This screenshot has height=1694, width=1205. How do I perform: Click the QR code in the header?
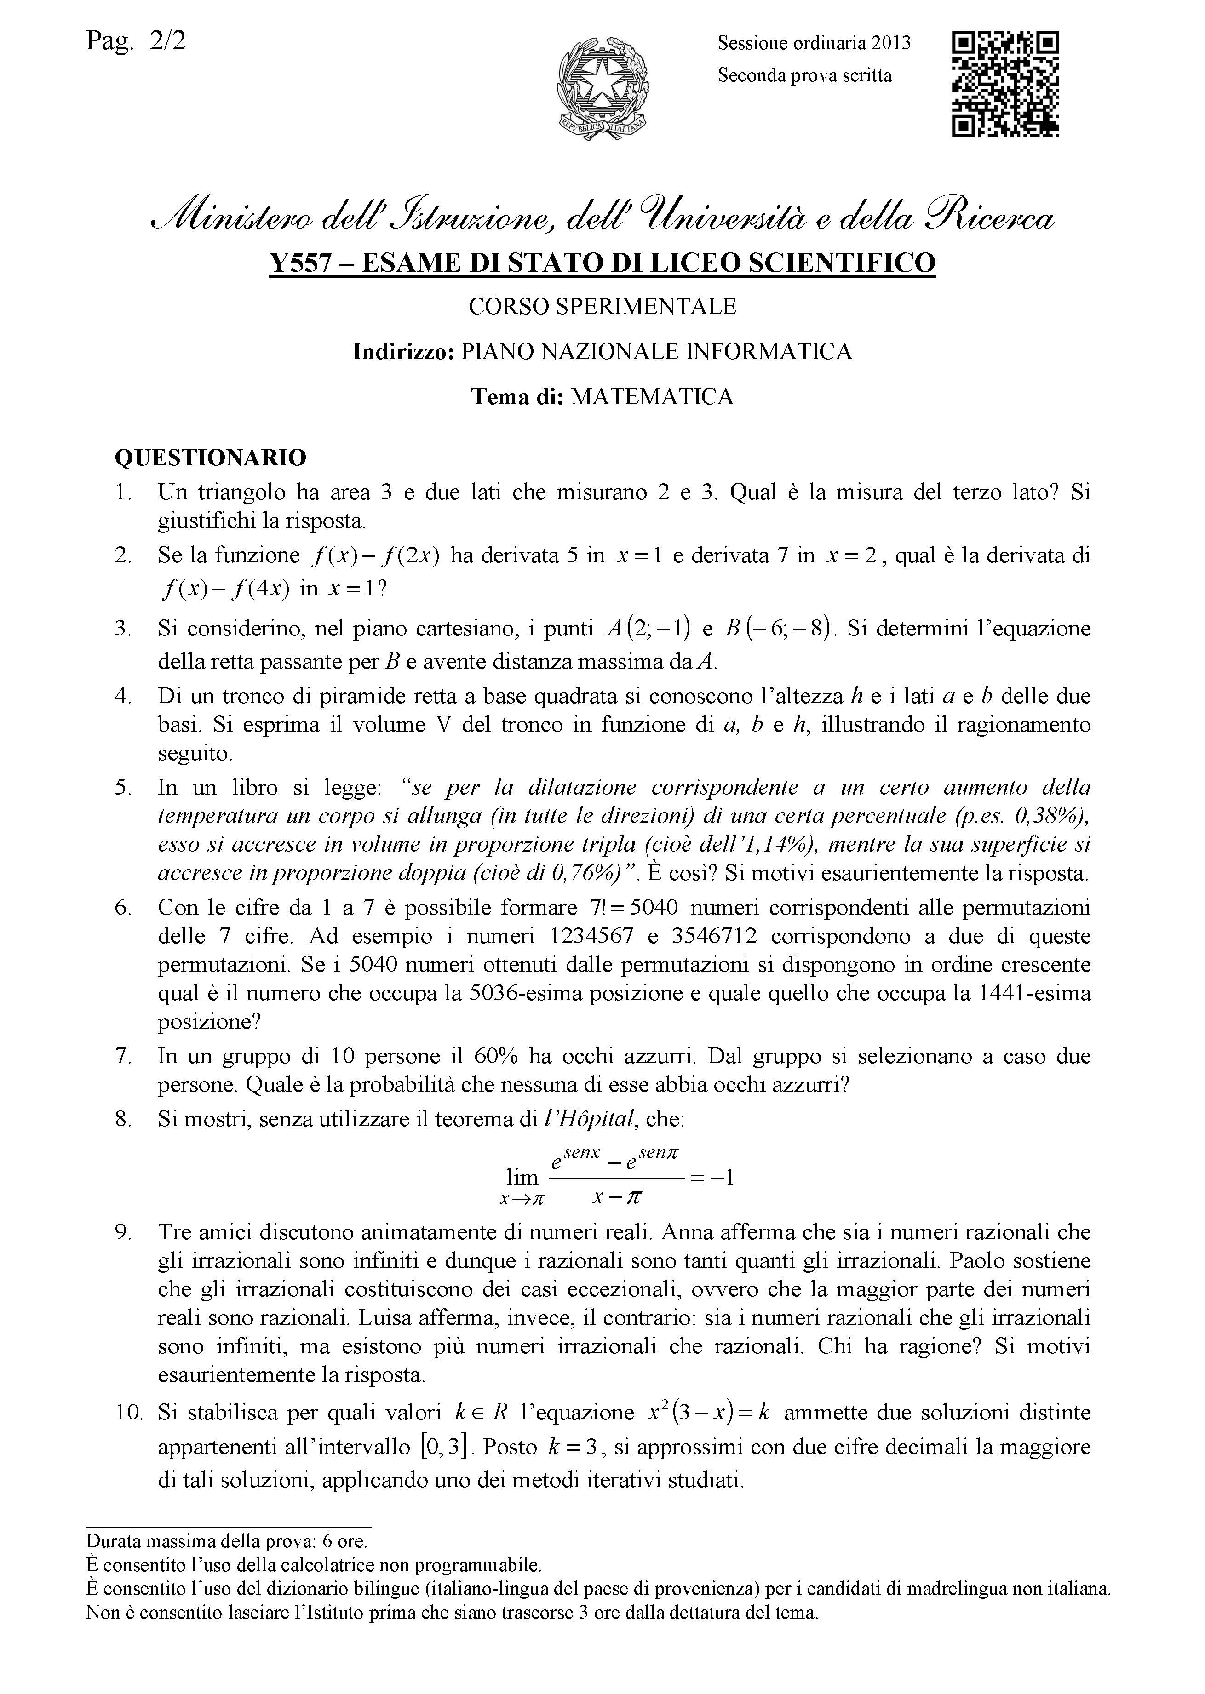coord(1005,83)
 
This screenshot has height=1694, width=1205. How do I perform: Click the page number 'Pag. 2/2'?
coord(136,39)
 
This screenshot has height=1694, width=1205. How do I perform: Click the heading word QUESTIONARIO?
coord(210,458)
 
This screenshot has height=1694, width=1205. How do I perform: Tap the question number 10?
coord(128,1412)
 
